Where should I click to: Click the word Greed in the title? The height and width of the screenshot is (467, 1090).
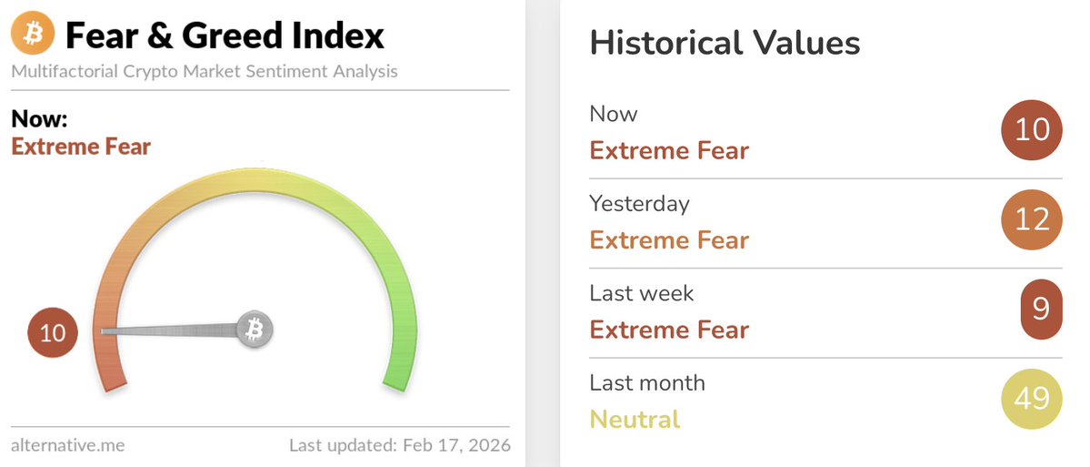pos(239,36)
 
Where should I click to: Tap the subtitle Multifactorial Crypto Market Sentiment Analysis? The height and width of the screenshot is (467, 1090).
pos(205,71)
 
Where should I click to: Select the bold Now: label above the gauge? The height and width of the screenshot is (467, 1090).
pos(40,119)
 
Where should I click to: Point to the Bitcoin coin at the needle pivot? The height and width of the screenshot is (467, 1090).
pos(255,329)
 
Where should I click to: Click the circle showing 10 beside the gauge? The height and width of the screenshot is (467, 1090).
pos(53,332)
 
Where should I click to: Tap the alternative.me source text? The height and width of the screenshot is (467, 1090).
pos(67,445)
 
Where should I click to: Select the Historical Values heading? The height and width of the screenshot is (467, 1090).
pos(725,43)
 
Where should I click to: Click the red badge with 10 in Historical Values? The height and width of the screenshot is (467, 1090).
pos(1032,130)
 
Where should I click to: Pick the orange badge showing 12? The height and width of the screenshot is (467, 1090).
pos(1032,219)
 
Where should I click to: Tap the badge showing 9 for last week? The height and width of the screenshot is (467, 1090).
pos(1040,309)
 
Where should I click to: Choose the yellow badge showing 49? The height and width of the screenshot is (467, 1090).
pos(1032,398)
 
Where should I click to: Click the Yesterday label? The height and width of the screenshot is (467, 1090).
pos(639,203)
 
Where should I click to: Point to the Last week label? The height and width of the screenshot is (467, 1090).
pos(642,293)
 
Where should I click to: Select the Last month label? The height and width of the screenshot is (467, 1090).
pos(647,382)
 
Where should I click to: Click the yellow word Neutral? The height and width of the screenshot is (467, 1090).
pos(635,420)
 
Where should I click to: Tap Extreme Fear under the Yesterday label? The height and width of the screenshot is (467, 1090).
pos(669,240)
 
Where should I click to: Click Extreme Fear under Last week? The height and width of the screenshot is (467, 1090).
pos(669,330)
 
